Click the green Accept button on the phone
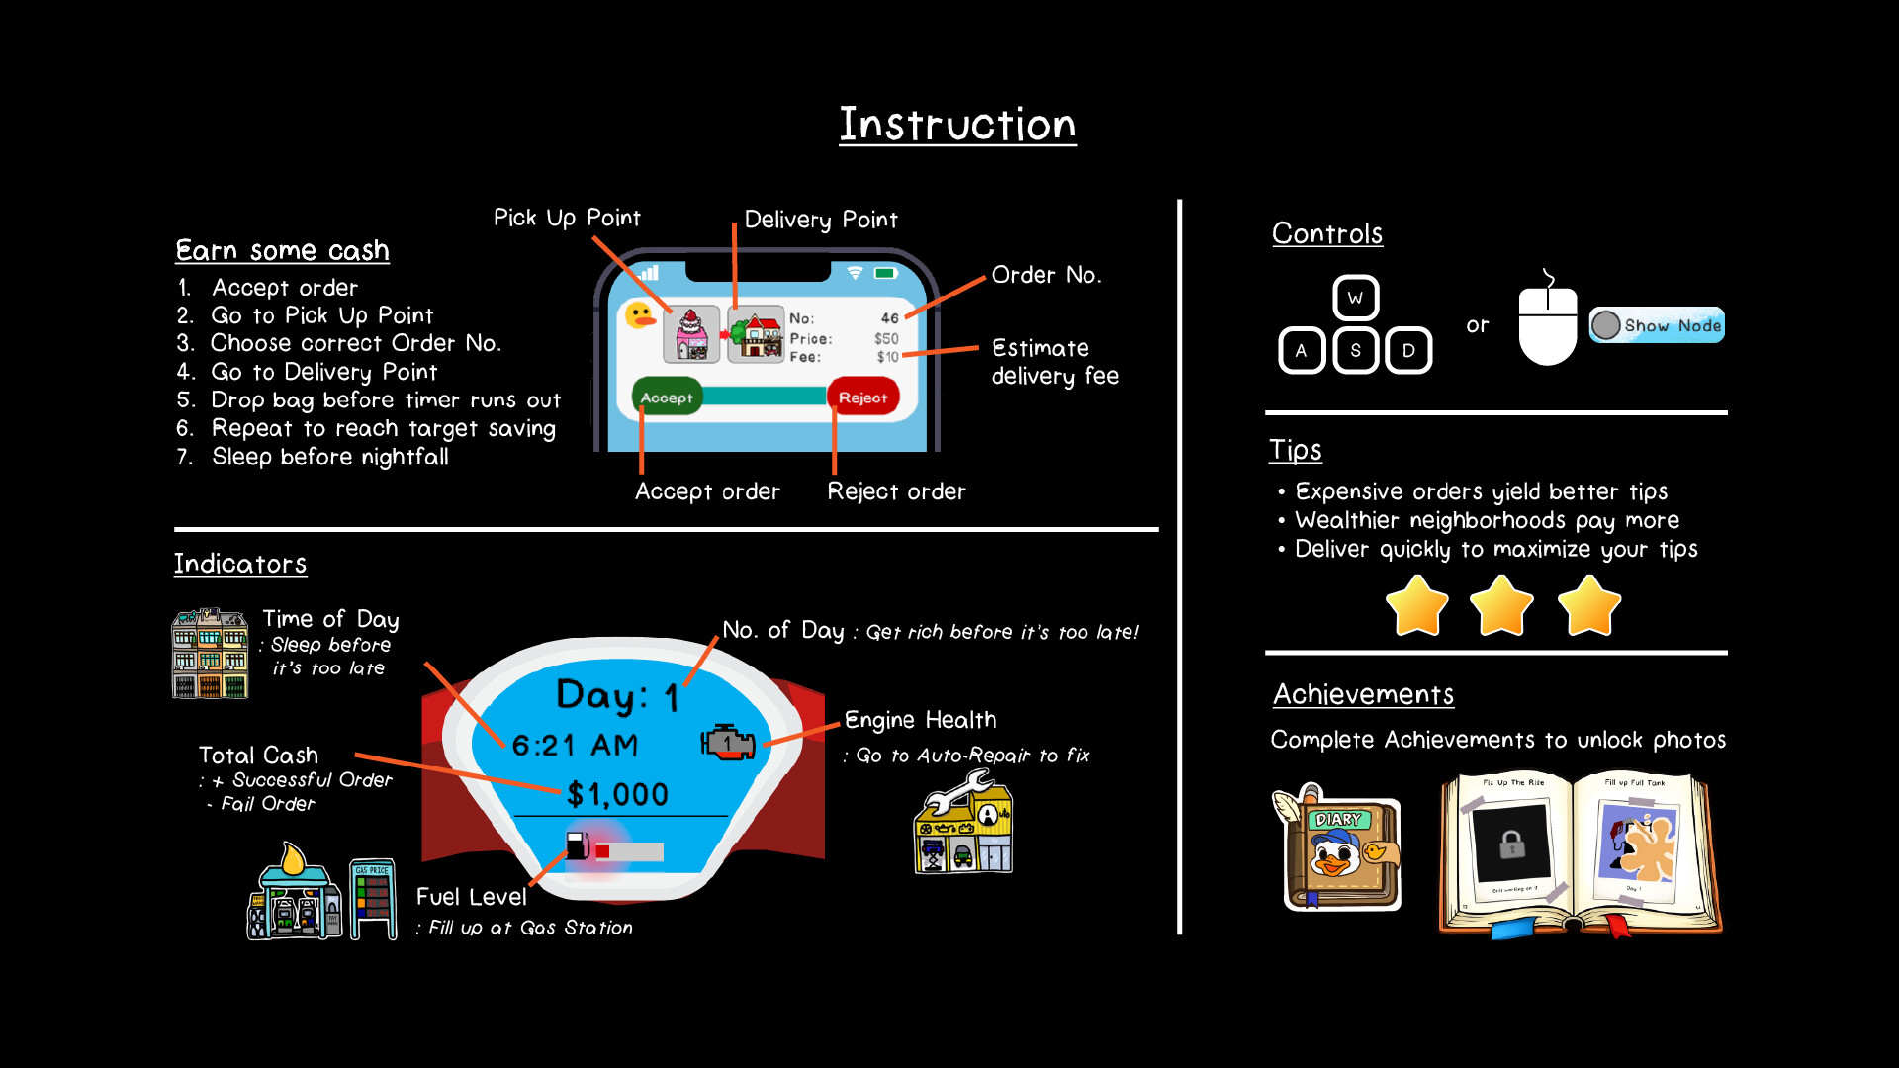click(667, 398)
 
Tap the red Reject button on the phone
click(862, 398)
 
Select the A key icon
click(1301, 351)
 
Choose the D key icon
click(1408, 351)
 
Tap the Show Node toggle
click(1657, 325)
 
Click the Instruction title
click(957, 125)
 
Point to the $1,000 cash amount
click(617, 794)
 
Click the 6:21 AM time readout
click(575, 745)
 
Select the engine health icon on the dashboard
click(728, 742)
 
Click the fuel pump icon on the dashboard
click(578, 845)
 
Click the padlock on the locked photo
click(1511, 845)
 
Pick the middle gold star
click(1501, 605)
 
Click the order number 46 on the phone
click(889, 318)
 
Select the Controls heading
click(1326, 233)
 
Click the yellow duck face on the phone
click(641, 316)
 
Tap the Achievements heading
click(1363, 694)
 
